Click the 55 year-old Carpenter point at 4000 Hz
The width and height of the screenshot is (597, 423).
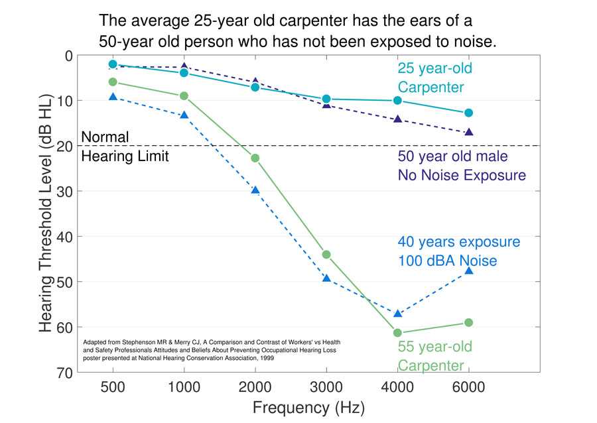click(397, 333)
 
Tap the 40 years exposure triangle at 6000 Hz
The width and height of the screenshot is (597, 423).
click(468, 271)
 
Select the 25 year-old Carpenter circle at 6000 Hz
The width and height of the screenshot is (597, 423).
click(468, 113)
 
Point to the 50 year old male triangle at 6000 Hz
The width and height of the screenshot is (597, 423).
click(468, 133)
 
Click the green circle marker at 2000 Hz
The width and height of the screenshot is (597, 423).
click(255, 158)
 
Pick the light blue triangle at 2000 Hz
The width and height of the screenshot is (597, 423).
click(255, 190)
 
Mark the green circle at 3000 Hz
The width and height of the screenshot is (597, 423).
click(326, 255)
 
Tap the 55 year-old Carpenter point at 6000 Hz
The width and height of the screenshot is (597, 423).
click(468, 322)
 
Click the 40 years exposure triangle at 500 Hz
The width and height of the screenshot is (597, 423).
click(113, 97)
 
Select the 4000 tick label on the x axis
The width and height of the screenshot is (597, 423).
click(397, 387)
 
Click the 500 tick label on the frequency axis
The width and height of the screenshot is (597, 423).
click(113, 387)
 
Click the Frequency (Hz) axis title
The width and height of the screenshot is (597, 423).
click(308, 406)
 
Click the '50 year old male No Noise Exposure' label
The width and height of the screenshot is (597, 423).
click(461, 166)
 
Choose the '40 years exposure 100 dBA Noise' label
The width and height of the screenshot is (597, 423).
click(458, 251)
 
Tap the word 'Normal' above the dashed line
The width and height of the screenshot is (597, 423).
click(104, 137)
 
